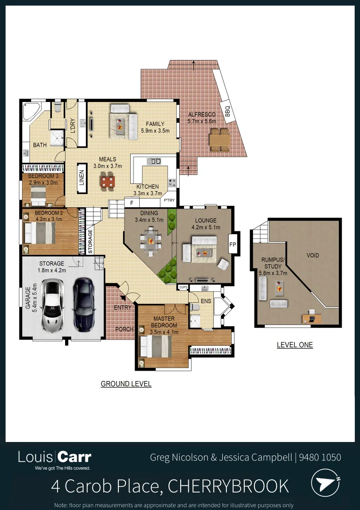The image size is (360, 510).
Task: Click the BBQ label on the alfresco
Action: pyautogui.click(x=227, y=111)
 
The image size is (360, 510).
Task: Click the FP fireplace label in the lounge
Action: pyautogui.click(x=232, y=245)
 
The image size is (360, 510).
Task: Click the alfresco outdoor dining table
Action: pyautogui.click(x=219, y=140)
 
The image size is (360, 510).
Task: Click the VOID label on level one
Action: pyautogui.click(x=313, y=255)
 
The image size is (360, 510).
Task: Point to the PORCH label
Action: pyautogui.click(x=124, y=330)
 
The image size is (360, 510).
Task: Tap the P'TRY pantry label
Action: pyautogui.click(x=169, y=200)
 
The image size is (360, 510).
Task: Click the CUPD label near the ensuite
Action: pyautogui.click(x=183, y=287)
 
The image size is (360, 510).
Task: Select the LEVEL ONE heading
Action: pyautogui.click(x=294, y=345)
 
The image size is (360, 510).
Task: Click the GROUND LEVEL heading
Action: pyautogui.click(x=126, y=384)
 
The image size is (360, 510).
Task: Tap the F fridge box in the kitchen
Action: pyautogui.click(x=132, y=203)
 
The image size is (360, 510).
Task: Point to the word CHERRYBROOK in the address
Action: pyautogui.click(x=228, y=485)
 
